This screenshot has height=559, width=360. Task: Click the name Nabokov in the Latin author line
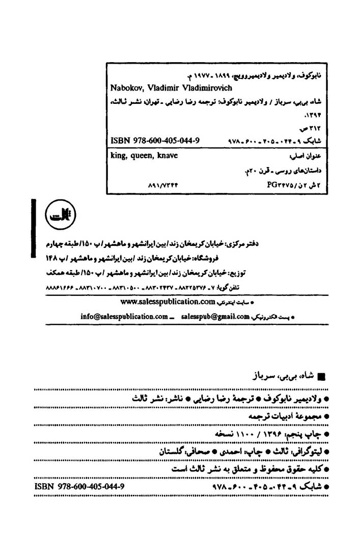click(124, 87)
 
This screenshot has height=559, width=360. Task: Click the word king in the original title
click(118, 156)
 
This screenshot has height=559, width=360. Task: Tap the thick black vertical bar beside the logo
click(32, 228)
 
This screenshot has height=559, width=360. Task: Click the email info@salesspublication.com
click(124, 316)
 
